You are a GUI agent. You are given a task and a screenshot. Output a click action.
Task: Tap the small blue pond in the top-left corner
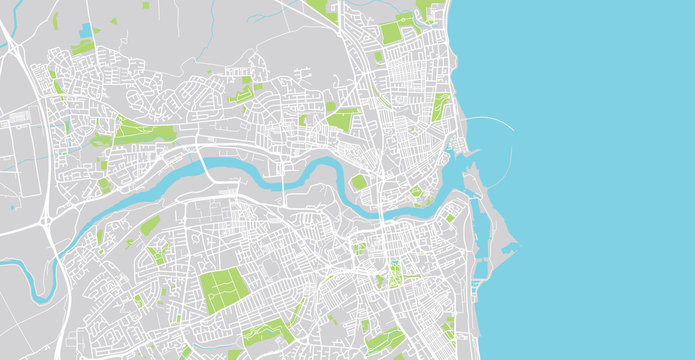tap(86, 30)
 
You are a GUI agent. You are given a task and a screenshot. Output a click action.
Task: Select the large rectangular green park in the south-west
tap(225, 291)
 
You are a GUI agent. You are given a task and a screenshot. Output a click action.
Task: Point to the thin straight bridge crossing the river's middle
tap(284, 184)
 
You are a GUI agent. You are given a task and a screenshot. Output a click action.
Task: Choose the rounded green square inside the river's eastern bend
tap(358, 182)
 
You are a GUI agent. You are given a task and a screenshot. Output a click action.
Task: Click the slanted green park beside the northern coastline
tap(441, 107)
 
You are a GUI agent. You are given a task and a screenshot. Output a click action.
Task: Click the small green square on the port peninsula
tap(451, 217)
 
